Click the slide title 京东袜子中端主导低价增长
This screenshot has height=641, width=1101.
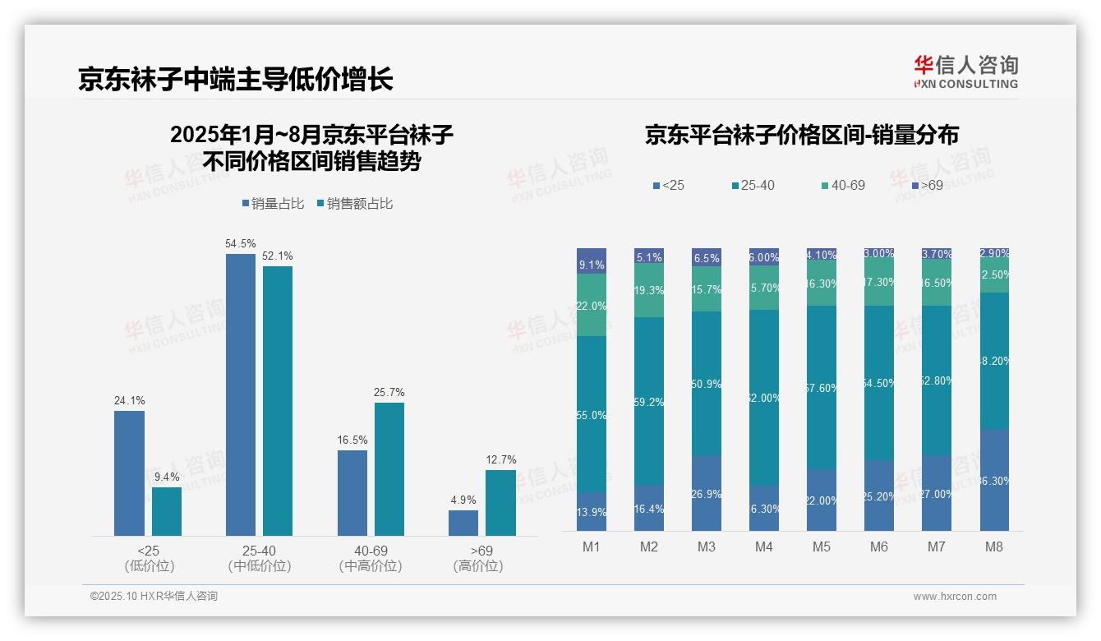[x=236, y=79]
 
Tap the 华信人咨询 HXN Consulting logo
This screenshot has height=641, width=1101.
[x=965, y=72]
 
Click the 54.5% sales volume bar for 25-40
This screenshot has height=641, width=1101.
[x=240, y=394]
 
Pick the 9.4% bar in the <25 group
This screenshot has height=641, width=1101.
[x=166, y=511]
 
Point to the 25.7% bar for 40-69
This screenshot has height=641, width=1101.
[x=389, y=468]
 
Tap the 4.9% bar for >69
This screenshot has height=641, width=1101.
[x=463, y=523]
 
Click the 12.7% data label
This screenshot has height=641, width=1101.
[x=500, y=459]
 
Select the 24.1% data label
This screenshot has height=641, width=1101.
[x=129, y=401]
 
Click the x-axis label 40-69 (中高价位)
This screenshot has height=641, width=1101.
[x=371, y=558]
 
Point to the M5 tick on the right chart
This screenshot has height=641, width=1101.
[x=821, y=546]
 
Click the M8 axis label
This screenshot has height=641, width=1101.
[x=994, y=546]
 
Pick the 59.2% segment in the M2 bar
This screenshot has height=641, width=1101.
[x=648, y=401]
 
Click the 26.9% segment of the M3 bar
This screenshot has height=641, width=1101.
[x=707, y=493]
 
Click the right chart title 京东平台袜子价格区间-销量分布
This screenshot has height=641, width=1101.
[x=801, y=135]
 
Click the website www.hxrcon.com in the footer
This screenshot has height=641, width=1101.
[x=955, y=597]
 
